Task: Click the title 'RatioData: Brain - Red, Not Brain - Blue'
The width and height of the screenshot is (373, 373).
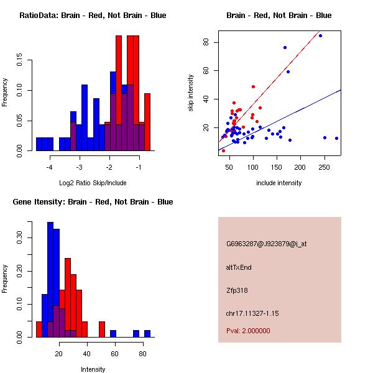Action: (x=93, y=16)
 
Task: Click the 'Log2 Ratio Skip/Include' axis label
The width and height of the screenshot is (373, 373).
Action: (x=93, y=183)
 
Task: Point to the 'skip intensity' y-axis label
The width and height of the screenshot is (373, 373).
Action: (x=191, y=93)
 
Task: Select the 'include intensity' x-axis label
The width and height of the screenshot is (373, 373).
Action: (x=279, y=183)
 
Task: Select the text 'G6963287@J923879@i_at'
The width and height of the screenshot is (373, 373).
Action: (x=267, y=244)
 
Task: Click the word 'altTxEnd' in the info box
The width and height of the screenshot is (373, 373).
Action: (x=239, y=267)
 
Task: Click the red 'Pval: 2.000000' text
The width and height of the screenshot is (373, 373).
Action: (x=248, y=331)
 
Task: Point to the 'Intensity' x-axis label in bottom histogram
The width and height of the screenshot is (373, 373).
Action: (x=93, y=369)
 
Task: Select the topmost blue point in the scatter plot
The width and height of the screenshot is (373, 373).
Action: (x=320, y=35)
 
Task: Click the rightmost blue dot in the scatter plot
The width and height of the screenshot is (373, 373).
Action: (x=336, y=138)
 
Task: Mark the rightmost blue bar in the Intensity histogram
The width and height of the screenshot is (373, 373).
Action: (x=147, y=333)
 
